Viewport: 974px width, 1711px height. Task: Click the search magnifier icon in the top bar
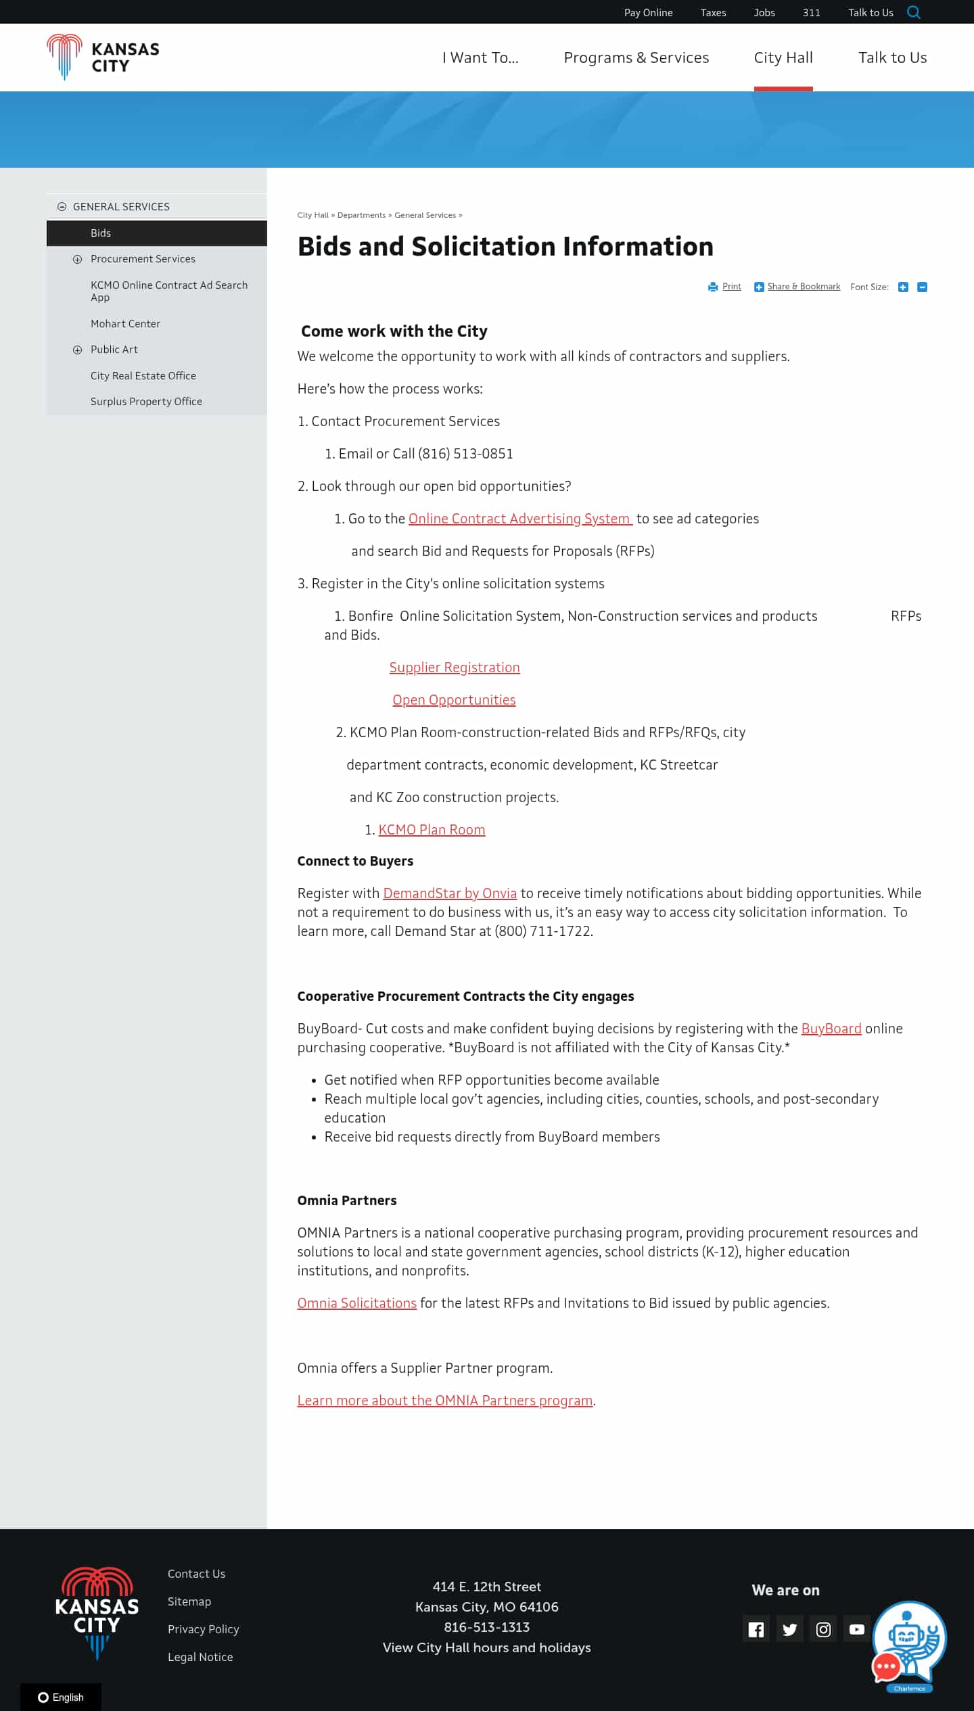tap(914, 12)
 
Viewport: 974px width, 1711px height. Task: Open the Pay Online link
tap(648, 13)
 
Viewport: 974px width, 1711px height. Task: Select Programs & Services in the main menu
tap(636, 57)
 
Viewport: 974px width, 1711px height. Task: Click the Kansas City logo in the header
tap(103, 57)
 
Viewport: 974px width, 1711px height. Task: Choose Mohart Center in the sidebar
tap(125, 324)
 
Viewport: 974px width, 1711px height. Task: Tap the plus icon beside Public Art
tap(77, 350)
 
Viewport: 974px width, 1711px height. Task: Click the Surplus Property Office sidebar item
tap(146, 402)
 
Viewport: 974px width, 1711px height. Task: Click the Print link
tap(731, 287)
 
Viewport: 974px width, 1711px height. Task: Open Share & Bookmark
tap(803, 287)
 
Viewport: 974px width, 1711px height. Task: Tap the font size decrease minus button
tap(922, 287)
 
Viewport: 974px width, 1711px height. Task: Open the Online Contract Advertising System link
tap(519, 519)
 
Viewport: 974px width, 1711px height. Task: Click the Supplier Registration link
tap(455, 667)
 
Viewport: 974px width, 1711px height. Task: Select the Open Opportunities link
tap(454, 700)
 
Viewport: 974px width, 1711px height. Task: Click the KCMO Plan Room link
tap(432, 830)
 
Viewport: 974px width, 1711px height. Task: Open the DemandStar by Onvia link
tap(450, 893)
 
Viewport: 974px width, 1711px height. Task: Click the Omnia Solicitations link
tap(356, 1303)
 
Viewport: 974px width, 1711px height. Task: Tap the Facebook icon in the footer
tap(756, 1630)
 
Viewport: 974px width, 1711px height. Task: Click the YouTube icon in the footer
tap(857, 1630)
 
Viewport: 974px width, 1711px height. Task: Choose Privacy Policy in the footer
tap(203, 1629)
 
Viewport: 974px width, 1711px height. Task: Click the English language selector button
tap(61, 1697)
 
